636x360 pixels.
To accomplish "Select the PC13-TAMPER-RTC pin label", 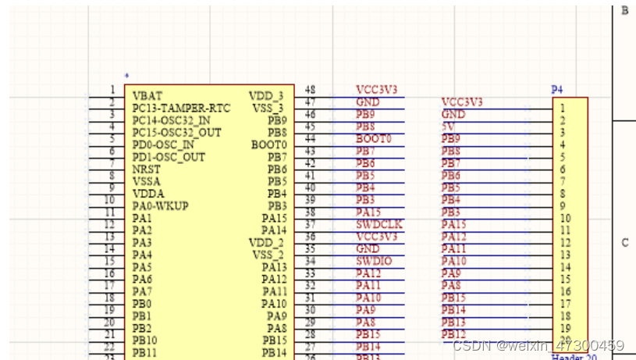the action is click(181, 108).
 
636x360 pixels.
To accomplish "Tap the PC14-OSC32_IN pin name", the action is click(171, 120).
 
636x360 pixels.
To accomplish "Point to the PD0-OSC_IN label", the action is click(163, 144).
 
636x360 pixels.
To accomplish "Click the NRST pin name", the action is click(147, 169).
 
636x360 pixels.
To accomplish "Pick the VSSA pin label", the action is click(147, 181).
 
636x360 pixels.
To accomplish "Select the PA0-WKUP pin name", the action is click(159, 205).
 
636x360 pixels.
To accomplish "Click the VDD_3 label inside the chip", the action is click(267, 95).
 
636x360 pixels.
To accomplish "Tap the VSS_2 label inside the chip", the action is click(269, 255).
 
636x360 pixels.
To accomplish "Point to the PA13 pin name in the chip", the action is click(274, 267).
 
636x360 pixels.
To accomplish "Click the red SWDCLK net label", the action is click(378, 224).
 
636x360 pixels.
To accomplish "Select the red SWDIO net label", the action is click(374, 261).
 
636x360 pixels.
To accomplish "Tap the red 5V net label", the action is click(449, 127).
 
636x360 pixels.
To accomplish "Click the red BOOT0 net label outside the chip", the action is click(373, 139).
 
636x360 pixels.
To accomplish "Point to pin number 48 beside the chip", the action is click(310, 90).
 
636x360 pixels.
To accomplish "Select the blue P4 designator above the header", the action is click(557, 90).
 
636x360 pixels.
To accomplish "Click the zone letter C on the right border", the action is click(624, 243).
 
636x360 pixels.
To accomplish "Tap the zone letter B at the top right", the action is click(624, 11).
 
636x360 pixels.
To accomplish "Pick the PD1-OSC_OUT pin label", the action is click(169, 157).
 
